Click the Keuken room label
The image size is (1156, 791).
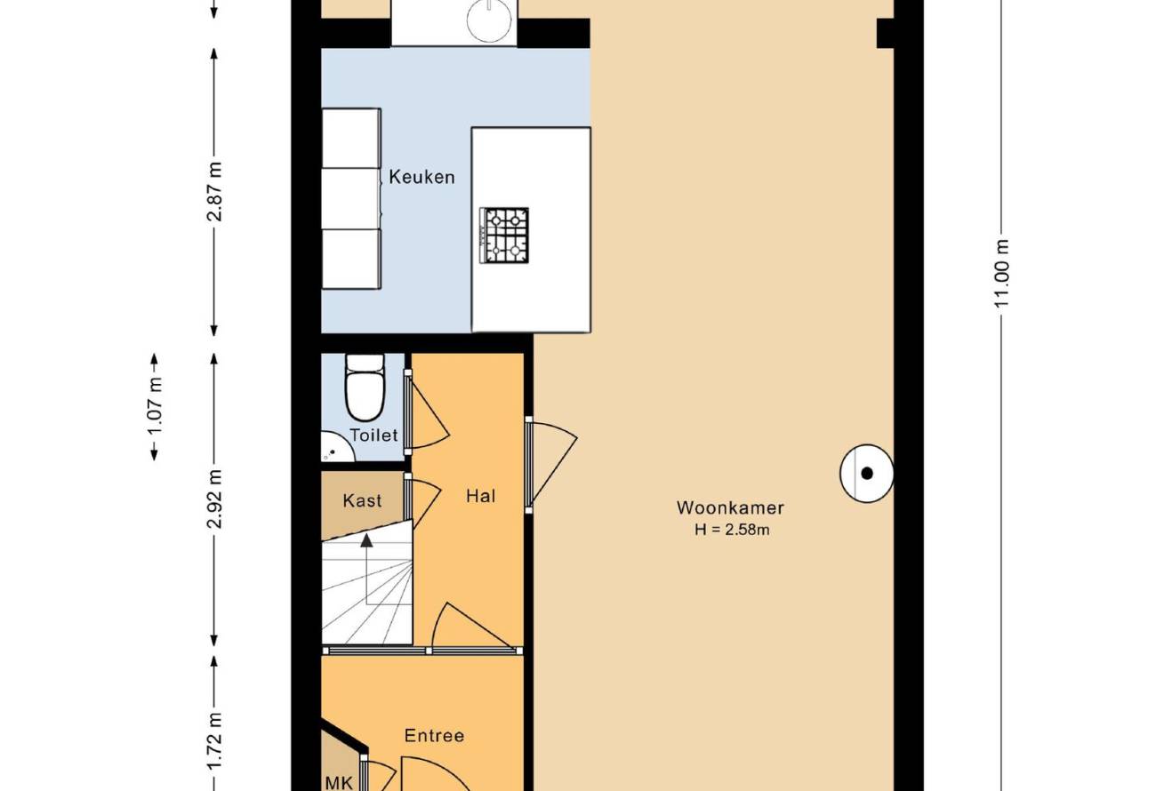coord(421,178)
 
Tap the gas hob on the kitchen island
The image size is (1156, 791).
coord(504,236)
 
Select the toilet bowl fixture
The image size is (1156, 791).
coord(365,387)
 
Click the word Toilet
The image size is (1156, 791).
coord(374,435)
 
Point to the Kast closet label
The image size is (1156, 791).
coord(362,500)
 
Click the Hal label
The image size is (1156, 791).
coord(481,496)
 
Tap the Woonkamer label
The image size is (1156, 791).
coord(730,507)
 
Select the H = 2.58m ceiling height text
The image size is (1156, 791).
coord(732,530)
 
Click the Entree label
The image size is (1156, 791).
coord(434,735)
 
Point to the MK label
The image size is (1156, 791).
coord(339,783)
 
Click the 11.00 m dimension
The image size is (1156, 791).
coord(1001,274)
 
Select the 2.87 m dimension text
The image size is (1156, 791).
coord(214,191)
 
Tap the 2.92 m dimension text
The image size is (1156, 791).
coord(214,499)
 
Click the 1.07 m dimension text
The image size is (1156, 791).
coord(155,407)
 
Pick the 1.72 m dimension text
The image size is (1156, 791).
coord(214,741)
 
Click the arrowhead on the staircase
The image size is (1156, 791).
coord(366,539)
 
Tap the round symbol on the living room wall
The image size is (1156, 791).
coord(867,474)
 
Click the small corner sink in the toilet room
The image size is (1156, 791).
coord(336,447)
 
